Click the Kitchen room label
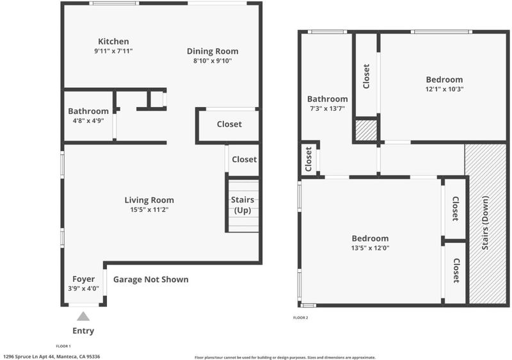click(113, 42)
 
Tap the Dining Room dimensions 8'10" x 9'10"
click(212, 61)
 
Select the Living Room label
click(149, 200)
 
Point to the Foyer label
click(84, 279)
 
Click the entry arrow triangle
click(84, 316)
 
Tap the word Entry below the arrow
click(83, 331)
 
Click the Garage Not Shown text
click(151, 279)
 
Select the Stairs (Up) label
click(243, 205)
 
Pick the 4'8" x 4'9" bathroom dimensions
click(88, 120)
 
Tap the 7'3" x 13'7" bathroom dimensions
click(327, 109)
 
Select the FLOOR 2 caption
click(301, 318)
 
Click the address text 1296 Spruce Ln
click(51, 357)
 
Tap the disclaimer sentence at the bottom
click(285, 357)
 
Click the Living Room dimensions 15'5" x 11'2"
click(149, 209)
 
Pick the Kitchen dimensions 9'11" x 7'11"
click(113, 51)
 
